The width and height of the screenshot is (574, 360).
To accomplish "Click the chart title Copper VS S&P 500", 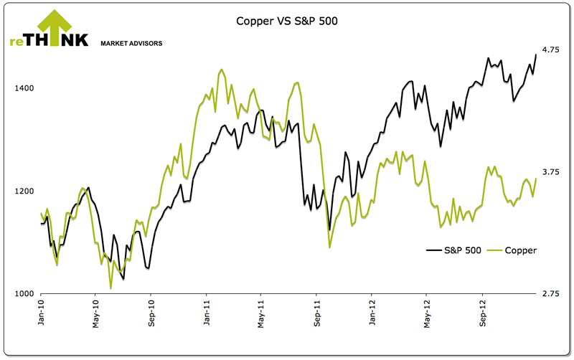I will [x=287, y=21].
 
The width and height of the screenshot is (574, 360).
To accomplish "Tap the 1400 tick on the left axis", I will [x=25, y=88].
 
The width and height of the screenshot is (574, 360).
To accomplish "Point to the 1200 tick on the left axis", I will [x=25, y=191].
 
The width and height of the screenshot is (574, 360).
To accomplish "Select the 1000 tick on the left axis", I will [x=25, y=294].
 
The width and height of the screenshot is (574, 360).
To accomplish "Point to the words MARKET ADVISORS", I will [x=132, y=43].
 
